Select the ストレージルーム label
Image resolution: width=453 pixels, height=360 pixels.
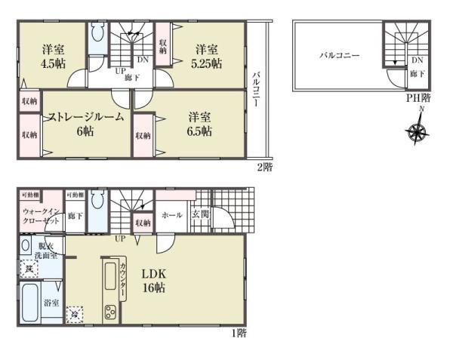point(85,116)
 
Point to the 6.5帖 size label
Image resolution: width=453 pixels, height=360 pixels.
point(199,131)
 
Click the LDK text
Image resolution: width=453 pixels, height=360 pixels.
point(153,273)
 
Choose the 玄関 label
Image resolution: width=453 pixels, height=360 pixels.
point(200,215)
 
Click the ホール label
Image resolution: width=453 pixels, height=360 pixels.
point(172,215)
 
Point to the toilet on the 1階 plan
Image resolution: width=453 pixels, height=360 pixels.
point(99,203)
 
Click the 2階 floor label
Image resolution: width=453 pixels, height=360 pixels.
point(263,167)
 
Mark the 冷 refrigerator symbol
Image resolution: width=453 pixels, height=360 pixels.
point(75,312)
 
